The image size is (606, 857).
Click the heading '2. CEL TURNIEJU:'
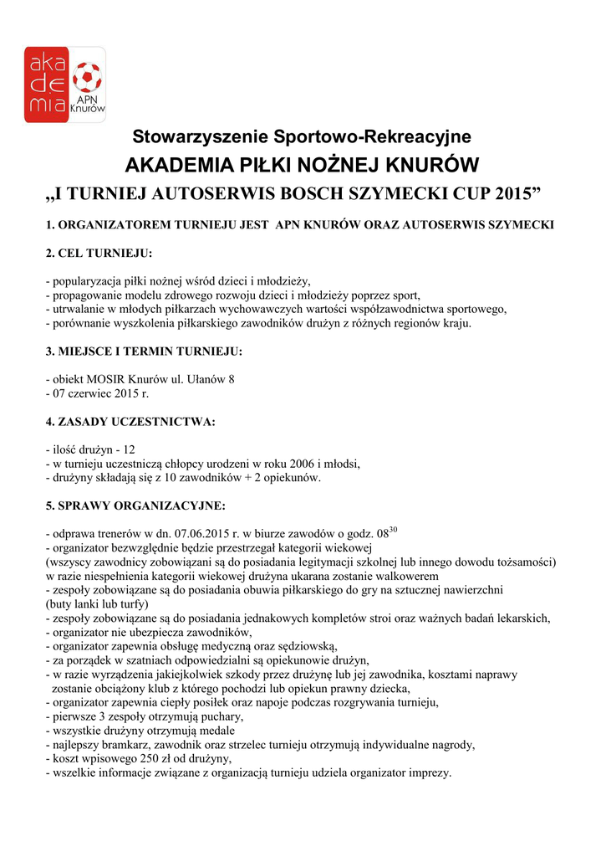tap(99, 254)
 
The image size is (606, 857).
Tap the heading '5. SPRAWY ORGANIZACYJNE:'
tap(135, 506)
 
